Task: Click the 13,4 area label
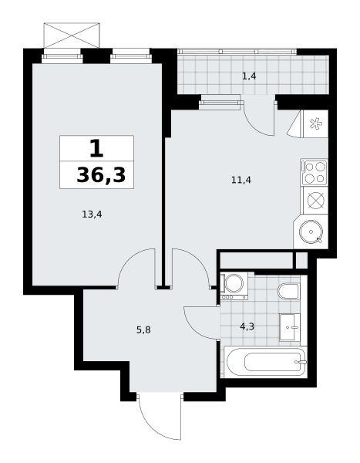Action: click(92, 215)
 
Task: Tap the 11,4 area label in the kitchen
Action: click(241, 180)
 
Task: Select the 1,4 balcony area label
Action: click(249, 76)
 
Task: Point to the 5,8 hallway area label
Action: click(143, 330)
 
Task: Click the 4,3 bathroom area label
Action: click(247, 326)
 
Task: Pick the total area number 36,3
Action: click(101, 175)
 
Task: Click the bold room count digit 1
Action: click(96, 149)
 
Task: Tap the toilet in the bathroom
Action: click(288, 291)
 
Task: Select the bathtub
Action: click(266, 362)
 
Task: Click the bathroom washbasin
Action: click(290, 327)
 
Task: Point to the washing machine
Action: click(234, 286)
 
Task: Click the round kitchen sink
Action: click(311, 231)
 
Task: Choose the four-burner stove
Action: click(315, 172)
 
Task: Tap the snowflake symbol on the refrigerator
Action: click(316, 123)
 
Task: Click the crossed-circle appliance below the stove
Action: click(316, 200)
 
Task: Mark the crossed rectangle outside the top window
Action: click(72, 35)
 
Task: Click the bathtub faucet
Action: click(301, 362)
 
